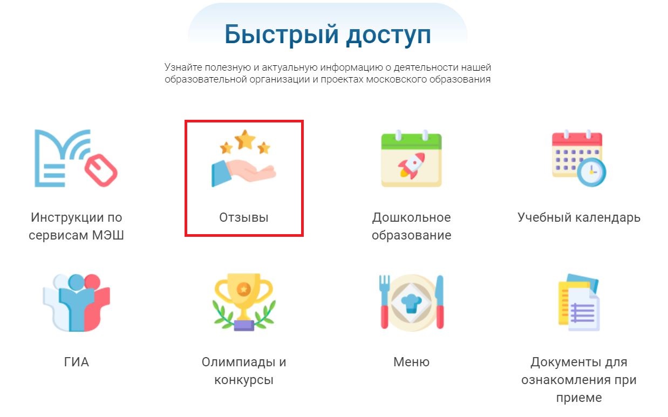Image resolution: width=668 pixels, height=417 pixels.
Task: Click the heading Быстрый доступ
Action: click(x=328, y=35)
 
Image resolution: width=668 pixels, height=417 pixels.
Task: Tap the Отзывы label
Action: click(x=244, y=217)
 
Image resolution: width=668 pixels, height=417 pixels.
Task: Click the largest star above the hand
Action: click(x=245, y=139)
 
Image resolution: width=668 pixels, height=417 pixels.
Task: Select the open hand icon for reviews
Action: click(x=244, y=173)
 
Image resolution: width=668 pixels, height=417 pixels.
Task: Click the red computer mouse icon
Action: click(x=101, y=170)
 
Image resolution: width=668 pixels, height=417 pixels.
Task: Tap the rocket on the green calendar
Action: click(x=412, y=166)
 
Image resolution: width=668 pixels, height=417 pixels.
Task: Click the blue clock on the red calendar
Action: click(x=591, y=172)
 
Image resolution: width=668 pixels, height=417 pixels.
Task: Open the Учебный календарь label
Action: click(x=579, y=217)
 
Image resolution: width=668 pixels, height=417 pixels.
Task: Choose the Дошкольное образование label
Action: click(x=412, y=226)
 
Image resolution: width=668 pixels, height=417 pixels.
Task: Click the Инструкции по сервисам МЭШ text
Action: click(x=76, y=226)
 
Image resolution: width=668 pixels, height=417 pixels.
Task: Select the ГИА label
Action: click(x=76, y=362)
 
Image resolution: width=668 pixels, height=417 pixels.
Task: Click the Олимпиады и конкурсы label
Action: click(x=244, y=371)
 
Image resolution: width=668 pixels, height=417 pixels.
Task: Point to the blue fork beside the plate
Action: click(x=384, y=301)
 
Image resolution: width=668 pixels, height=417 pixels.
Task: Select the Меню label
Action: click(x=412, y=362)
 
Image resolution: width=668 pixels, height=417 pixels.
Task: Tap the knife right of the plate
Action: click(x=440, y=302)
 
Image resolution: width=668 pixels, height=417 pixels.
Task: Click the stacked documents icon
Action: click(x=579, y=302)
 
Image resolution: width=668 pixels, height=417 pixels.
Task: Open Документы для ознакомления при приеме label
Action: click(x=579, y=380)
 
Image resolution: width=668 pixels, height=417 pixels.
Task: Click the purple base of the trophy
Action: click(x=244, y=325)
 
